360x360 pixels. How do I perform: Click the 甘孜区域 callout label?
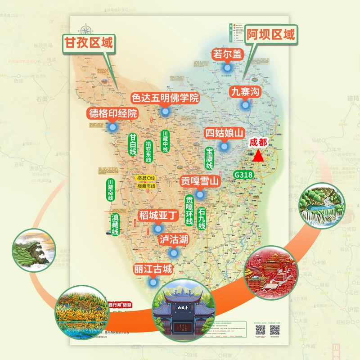pos(89,44)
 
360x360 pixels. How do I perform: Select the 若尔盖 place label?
pos(228,54)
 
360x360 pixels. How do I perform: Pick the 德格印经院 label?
pos(113,113)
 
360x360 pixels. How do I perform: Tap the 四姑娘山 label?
pos(224,133)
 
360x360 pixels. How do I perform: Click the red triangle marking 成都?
pos(258,156)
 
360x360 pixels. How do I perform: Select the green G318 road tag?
pos(243,174)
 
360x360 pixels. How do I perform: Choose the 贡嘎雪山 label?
pos(200,181)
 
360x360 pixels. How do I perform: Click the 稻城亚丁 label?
pos(158,216)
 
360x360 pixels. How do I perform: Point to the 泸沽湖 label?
pos(174,239)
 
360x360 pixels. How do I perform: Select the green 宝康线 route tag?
pos(209,158)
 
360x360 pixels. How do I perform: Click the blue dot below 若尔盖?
pos(228,67)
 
